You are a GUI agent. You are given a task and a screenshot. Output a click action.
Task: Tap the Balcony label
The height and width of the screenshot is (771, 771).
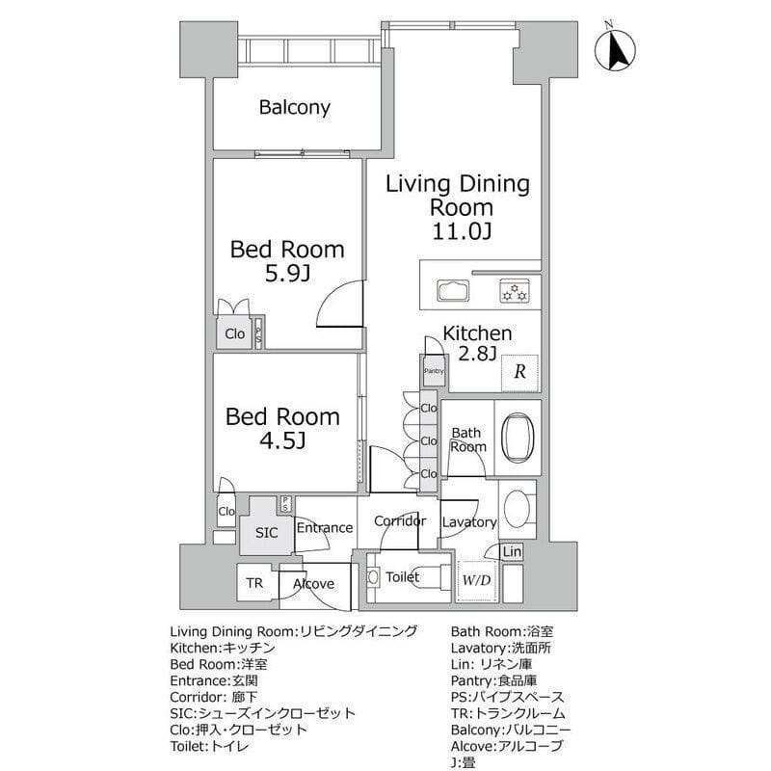[x=295, y=107]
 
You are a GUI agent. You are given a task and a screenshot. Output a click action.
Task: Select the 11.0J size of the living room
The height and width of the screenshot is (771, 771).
[x=462, y=231]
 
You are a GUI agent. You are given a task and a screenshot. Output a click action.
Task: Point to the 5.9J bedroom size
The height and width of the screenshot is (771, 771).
[x=287, y=274]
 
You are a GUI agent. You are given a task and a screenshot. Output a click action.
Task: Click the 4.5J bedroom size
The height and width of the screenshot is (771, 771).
[x=282, y=440]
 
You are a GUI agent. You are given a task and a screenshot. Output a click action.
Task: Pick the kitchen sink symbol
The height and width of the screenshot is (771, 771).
[x=453, y=291]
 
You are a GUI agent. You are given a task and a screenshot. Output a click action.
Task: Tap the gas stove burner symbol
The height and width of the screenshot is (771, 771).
[x=515, y=291]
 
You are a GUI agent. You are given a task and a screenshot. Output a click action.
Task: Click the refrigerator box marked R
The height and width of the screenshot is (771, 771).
[x=519, y=372]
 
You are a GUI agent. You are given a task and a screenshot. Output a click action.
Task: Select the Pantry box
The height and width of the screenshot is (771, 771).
[x=434, y=371]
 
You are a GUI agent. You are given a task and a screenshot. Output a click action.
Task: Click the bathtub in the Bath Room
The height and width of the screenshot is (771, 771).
[x=518, y=438]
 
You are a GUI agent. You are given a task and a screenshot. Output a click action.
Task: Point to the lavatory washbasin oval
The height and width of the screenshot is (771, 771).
[x=517, y=509]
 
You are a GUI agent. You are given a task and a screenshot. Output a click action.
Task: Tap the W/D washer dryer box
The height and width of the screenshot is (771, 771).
[x=476, y=581]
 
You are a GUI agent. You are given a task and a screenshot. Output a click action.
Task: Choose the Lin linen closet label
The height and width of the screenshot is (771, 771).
[x=512, y=551]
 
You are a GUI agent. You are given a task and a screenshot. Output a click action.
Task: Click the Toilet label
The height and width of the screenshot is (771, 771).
[x=402, y=576]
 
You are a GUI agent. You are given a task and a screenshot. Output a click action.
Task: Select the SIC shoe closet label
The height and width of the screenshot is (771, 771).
[x=267, y=533]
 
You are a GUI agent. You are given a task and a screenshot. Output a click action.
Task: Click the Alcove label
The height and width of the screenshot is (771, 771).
[x=314, y=584]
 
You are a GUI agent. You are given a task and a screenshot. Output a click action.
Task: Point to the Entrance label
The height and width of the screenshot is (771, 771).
[x=325, y=527]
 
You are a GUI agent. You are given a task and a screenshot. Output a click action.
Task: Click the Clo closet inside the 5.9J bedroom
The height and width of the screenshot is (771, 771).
[x=234, y=333]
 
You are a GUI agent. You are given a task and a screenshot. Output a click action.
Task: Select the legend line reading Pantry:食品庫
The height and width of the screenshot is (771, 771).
[x=493, y=680]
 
